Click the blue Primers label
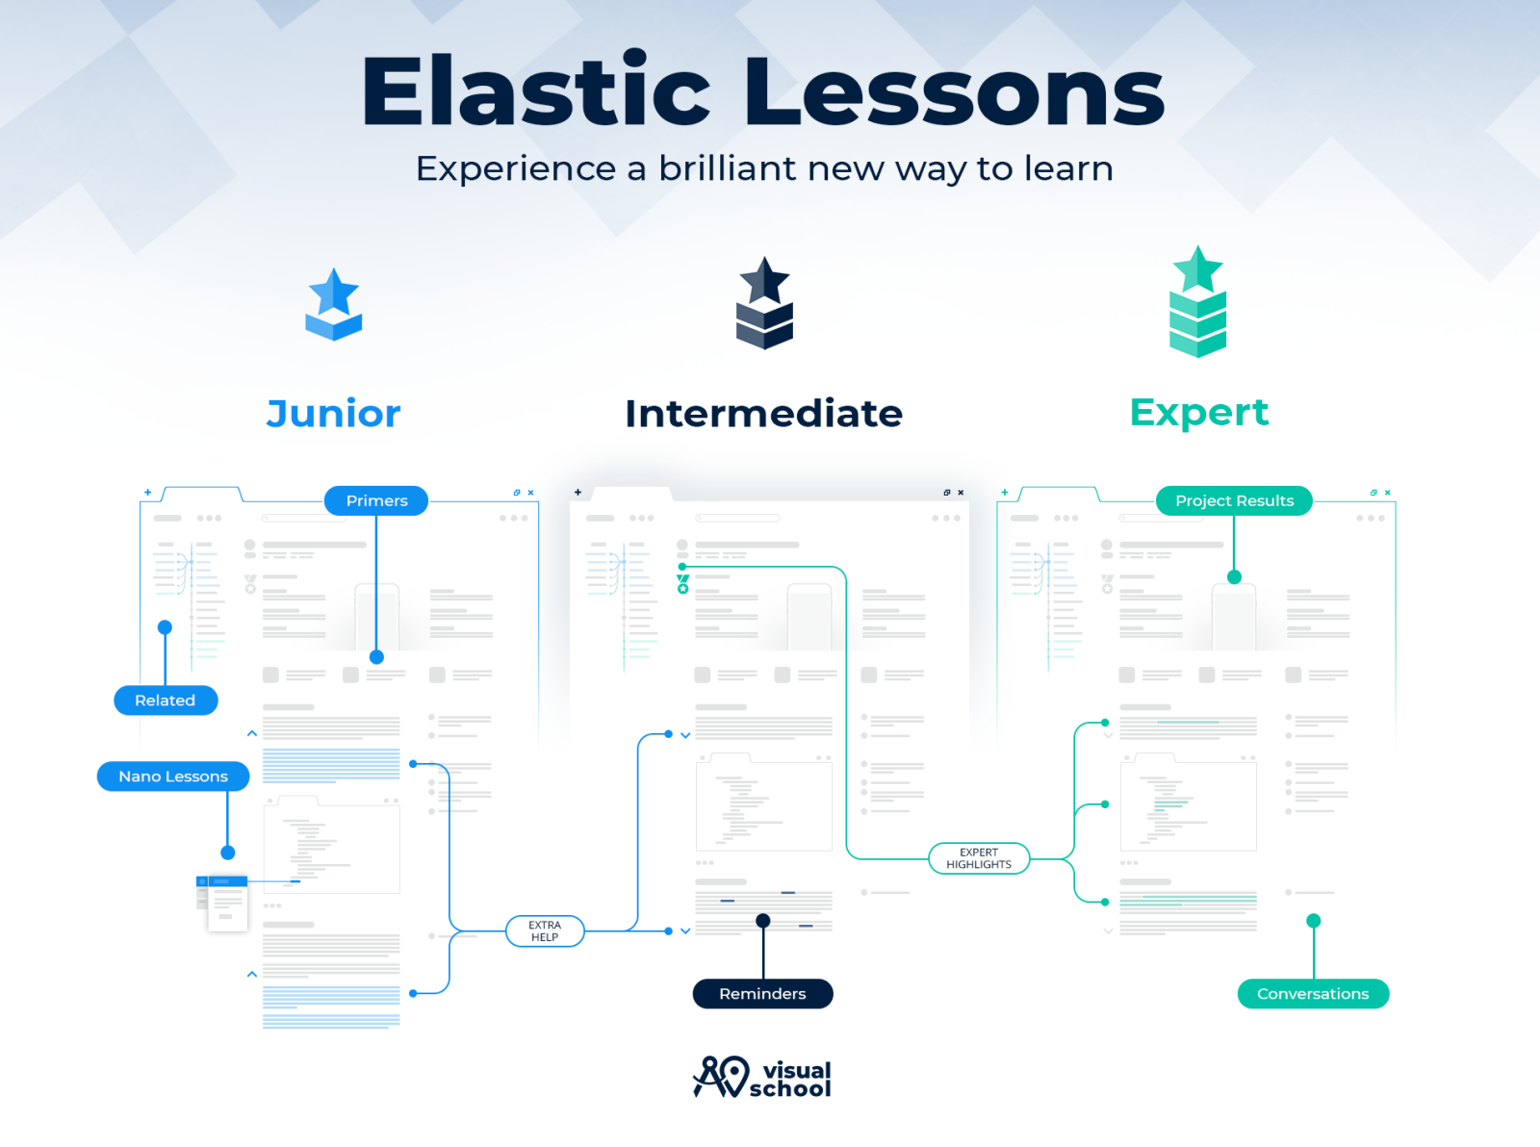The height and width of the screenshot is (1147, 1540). pyautogui.click(x=376, y=500)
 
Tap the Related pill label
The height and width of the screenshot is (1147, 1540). pyautogui.click(x=166, y=701)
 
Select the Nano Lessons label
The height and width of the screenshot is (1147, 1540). pyautogui.click(x=173, y=777)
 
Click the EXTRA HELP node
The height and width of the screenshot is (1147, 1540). pyautogui.click(x=545, y=931)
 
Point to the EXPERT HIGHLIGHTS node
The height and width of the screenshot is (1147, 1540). pyautogui.click(x=979, y=858)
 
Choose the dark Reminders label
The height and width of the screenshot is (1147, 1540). pyautogui.click(x=762, y=994)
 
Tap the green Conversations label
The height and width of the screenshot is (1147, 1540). pyautogui.click(x=1313, y=994)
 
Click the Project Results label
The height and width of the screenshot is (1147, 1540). pyautogui.click(x=1234, y=500)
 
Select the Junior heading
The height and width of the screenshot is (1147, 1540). pyautogui.click(x=333, y=414)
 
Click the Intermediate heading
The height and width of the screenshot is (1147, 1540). pyautogui.click(x=763, y=414)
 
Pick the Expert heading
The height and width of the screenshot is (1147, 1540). pyautogui.click(x=1198, y=412)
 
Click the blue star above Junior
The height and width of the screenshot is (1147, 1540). pyautogui.click(x=334, y=291)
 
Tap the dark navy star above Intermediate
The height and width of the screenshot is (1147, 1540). pyautogui.click(x=764, y=280)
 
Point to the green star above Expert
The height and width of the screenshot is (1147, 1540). pyautogui.click(x=1197, y=268)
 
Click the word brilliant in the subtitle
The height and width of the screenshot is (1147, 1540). pyautogui.click(x=729, y=168)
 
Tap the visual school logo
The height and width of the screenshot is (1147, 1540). pyautogui.click(x=762, y=1078)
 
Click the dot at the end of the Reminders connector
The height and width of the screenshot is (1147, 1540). pyautogui.click(x=763, y=921)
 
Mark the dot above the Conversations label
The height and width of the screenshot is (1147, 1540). pyautogui.click(x=1313, y=921)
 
